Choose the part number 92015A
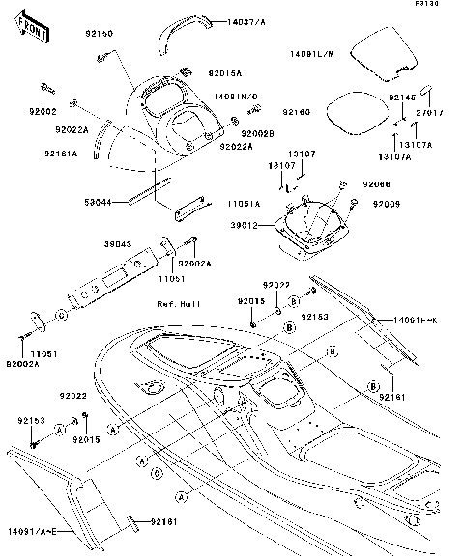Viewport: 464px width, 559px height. (225, 73)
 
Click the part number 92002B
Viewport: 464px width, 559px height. (258, 133)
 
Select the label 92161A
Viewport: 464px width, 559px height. (60, 153)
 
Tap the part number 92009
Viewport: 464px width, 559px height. (379, 204)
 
